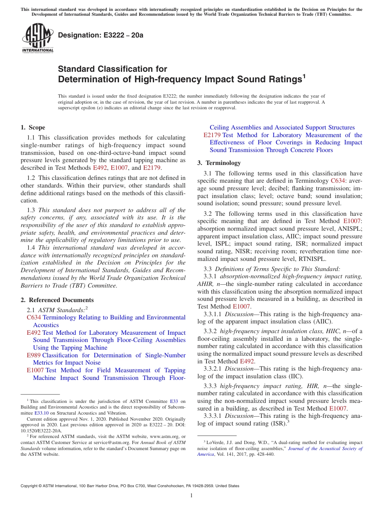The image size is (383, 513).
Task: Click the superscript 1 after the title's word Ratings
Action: pos(304,75)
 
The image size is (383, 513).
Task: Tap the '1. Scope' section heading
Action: pos(33,127)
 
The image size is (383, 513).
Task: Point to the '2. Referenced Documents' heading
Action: pos(57,300)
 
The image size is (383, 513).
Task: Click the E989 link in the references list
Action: pos(33,355)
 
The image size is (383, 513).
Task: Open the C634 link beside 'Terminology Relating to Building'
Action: pos(34,317)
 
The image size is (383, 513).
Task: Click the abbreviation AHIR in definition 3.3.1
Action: pos(206,284)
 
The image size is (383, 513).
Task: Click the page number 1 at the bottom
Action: pos(191,495)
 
